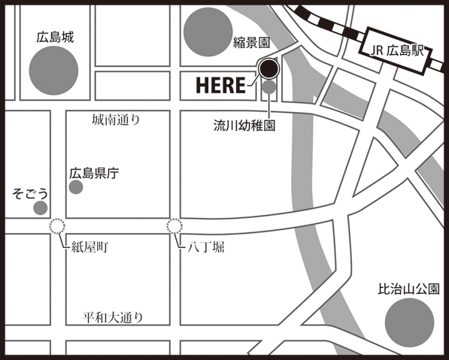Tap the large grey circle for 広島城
point(53,70)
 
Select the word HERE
point(222,84)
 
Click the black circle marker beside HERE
point(268,70)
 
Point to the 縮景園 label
point(250,44)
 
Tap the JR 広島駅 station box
point(393,51)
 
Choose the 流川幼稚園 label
point(244,127)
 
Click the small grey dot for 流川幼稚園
point(269,88)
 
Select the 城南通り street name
point(116,119)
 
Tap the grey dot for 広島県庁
point(76,186)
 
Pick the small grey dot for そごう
point(41,207)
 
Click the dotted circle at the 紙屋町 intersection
point(57,226)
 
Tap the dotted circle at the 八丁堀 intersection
point(174,225)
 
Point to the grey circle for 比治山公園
point(409,322)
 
